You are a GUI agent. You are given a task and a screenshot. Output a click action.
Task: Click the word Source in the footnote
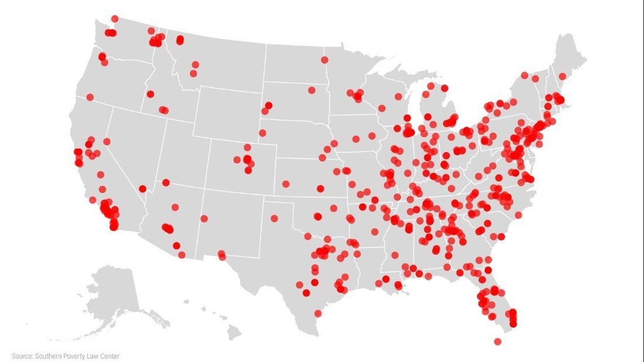tap(21, 356)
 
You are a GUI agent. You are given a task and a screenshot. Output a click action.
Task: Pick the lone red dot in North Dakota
tap(324, 60)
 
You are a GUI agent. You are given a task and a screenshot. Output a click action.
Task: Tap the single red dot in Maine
tap(562, 76)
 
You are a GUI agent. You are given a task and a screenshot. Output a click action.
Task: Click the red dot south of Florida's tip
tap(497, 342)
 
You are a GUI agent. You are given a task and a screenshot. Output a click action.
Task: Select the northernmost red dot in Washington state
tap(115, 19)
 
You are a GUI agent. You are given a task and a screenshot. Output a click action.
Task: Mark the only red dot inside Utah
tap(166, 182)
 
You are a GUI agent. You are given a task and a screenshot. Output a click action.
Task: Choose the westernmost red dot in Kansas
tap(285, 184)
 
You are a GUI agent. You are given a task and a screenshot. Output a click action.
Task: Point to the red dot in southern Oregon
tap(90, 97)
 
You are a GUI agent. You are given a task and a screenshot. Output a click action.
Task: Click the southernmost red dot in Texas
tap(318, 313)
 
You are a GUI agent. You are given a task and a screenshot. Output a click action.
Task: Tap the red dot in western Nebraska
tap(262, 133)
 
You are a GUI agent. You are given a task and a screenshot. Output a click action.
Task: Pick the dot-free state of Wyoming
tap(226, 113)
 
